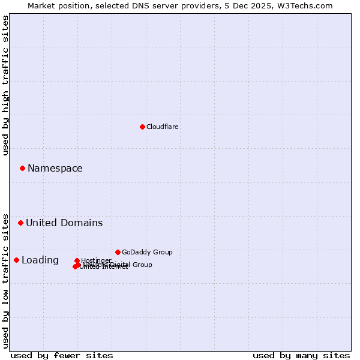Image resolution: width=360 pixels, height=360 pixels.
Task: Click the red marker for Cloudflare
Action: pos(142,127)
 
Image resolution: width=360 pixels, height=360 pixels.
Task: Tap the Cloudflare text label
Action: pos(163,127)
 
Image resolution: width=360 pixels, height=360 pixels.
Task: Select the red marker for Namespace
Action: pos(23,169)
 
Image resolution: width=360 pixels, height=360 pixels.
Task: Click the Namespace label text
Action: pos(55,169)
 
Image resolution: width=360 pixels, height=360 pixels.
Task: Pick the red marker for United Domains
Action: pos(20,223)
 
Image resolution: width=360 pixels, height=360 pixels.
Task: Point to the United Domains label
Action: pos(64,223)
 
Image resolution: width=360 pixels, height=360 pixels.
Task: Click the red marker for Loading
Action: pos(16,260)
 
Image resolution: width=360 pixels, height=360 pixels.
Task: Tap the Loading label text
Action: pos(40,260)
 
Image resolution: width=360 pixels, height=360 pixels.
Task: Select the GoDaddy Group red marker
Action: pos(118,252)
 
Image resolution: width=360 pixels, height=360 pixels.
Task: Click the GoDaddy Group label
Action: pos(147,252)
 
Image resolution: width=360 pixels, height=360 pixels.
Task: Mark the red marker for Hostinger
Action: pos(77,260)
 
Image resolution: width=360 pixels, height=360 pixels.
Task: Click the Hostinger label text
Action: pos(96,260)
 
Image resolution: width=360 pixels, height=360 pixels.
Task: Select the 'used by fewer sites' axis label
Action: pos(62,355)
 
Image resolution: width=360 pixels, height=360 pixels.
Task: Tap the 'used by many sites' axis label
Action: pos(301,355)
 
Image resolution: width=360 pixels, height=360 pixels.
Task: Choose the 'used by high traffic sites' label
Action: pos(6,85)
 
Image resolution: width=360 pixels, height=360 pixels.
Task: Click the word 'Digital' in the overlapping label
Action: pos(119,265)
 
